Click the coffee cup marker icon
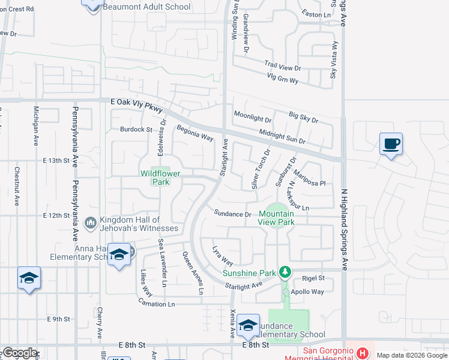point(391,145)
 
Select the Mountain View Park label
point(276,217)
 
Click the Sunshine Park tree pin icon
point(286,272)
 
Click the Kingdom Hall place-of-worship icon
point(91,223)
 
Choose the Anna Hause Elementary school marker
point(119,256)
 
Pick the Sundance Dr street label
point(233,214)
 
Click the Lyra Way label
point(223,254)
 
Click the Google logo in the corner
point(20,352)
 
